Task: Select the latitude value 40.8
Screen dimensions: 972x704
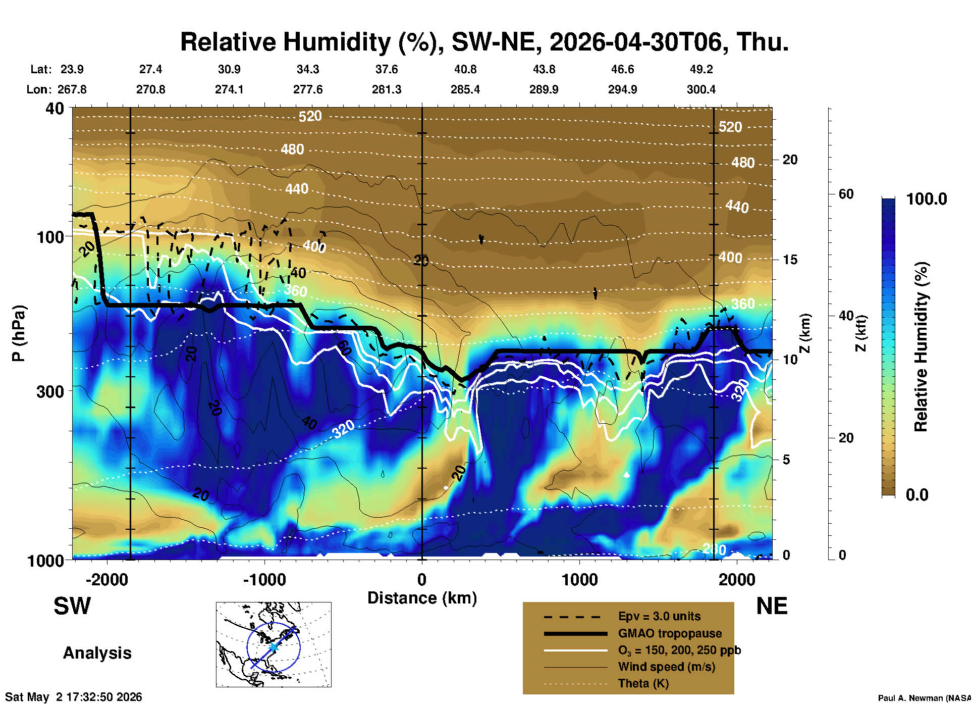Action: tap(465, 69)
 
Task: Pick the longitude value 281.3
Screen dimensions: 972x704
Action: tap(387, 89)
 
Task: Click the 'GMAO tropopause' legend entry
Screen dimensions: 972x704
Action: tap(670, 633)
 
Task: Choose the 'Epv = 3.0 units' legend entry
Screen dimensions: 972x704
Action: tap(659, 616)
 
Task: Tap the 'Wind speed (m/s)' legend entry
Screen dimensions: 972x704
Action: tap(666, 667)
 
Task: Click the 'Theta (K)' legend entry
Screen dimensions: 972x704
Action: tap(643, 683)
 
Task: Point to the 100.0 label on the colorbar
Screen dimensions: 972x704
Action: tap(927, 199)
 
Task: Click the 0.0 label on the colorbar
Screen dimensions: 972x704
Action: tap(917, 494)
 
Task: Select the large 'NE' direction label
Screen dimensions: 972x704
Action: tap(772, 606)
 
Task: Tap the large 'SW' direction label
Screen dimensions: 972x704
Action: tap(72, 606)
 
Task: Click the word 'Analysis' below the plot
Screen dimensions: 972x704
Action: tap(97, 653)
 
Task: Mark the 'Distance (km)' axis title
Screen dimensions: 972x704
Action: tap(422, 598)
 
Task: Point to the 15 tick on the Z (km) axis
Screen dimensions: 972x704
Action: tap(790, 260)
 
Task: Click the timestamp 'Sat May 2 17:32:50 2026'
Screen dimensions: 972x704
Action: tap(74, 697)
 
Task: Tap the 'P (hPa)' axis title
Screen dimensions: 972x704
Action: tap(19, 333)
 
